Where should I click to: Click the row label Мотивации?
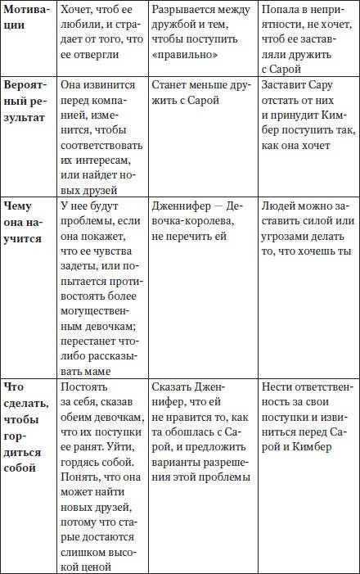tap(26, 18)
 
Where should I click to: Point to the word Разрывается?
tap(184, 11)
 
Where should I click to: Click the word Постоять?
tap(83, 386)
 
